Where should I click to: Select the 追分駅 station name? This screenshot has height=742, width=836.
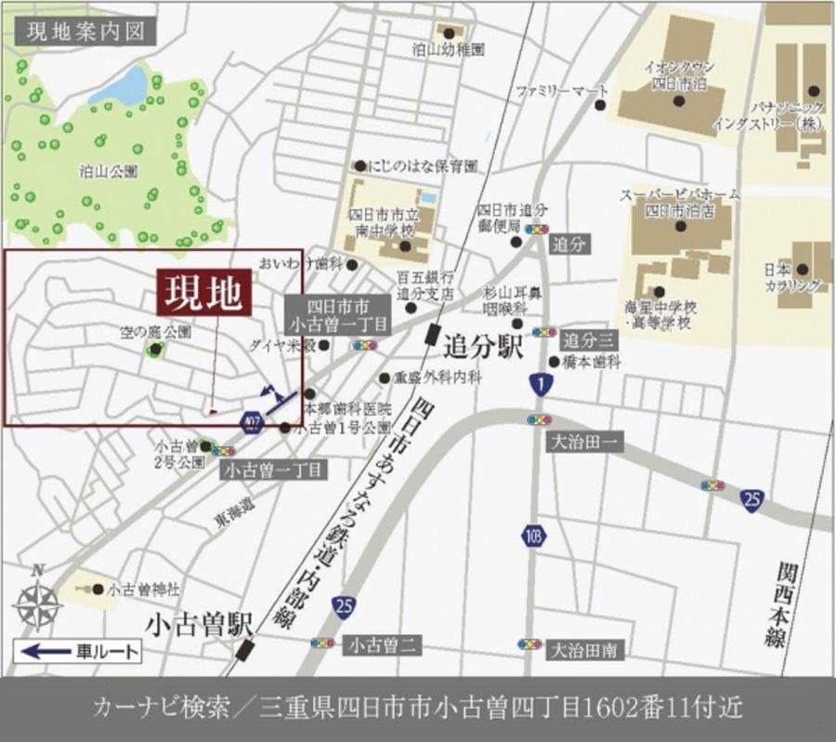484,347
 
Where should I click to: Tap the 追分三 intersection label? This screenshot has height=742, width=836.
588,339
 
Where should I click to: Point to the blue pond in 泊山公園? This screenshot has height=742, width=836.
118,86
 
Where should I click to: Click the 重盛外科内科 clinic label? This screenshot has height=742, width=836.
438,378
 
